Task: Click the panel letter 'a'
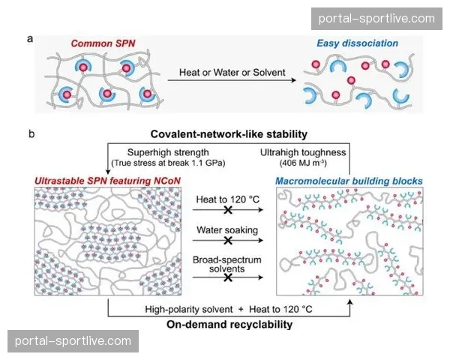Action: click(29, 41)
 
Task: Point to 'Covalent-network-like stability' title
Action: click(229, 134)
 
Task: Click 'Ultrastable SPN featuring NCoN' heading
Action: click(104, 181)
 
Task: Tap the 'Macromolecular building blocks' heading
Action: click(348, 181)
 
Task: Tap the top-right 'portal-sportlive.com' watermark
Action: click(376, 18)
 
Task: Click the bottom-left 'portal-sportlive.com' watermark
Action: click(73, 341)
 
